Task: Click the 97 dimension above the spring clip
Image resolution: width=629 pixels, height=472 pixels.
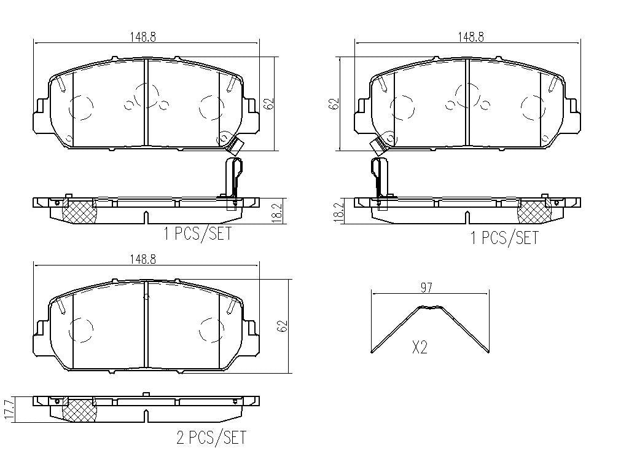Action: point(426,288)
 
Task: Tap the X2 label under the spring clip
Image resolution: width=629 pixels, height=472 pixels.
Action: point(420,347)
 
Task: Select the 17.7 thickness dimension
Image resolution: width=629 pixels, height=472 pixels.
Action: point(10,409)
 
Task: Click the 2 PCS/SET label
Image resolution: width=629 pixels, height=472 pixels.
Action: point(211,437)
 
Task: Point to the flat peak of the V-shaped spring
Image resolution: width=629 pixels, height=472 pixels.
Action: point(431,308)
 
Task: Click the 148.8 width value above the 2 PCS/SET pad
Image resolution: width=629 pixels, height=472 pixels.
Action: point(143,259)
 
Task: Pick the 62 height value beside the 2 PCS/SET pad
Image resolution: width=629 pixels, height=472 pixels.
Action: point(283,326)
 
